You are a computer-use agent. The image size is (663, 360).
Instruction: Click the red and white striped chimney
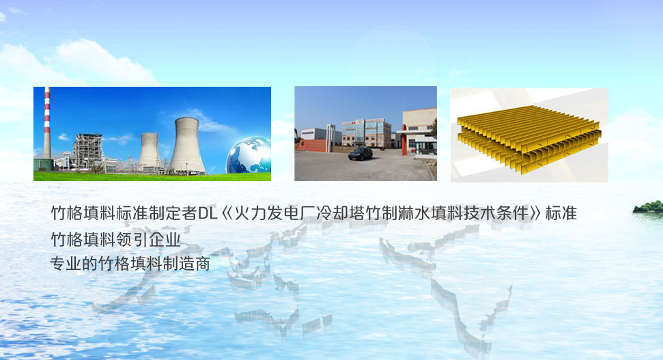pyautogui.click(x=47, y=123)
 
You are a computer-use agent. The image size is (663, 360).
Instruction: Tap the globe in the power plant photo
pyautogui.click(x=249, y=156)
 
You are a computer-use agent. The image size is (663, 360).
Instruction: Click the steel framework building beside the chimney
pyautogui.click(x=87, y=151)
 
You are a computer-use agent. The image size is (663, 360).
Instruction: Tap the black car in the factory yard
pyautogui.click(x=361, y=153)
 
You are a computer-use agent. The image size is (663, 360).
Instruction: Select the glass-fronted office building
pyautogui.click(x=366, y=133)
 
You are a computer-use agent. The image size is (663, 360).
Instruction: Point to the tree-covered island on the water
pyautogui.click(x=648, y=206)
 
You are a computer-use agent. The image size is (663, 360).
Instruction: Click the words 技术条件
pyautogui.click(x=496, y=212)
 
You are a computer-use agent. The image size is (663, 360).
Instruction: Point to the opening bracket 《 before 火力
pyautogui.click(x=227, y=213)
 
